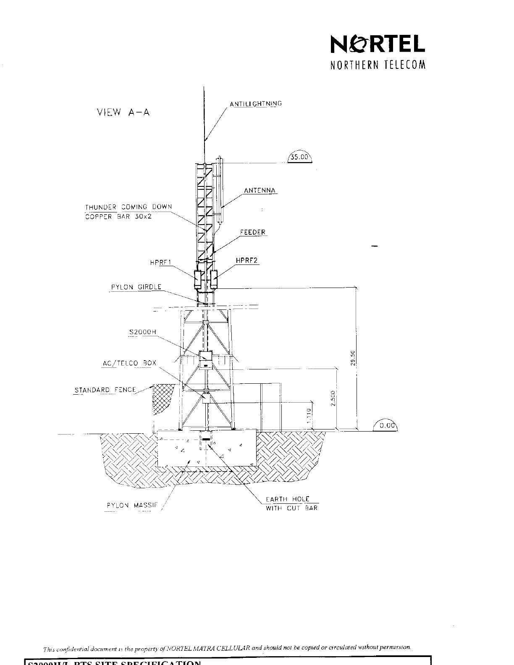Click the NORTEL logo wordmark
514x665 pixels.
[x=378, y=44]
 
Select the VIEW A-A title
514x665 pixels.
[x=123, y=113]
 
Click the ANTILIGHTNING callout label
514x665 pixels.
[x=255, y=104]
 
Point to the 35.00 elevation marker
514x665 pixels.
[x=300, y=158]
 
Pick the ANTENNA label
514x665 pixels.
[x=260, y=191]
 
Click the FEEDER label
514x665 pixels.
[x=253, y=232]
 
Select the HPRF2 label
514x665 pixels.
[x=247, y=260]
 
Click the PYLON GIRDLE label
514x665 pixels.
[x=136, y=288]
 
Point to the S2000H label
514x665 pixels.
[x=143, y=332]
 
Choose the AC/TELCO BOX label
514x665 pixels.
[x=129, y=363]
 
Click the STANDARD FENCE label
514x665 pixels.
[x=105, y=390]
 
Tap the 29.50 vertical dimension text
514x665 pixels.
[x=353, y=358]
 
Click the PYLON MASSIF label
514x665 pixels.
[x=131, y=505]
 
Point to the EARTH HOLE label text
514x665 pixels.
[x=288, y=499]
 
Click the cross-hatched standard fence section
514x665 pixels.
[x=162, y=399]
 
